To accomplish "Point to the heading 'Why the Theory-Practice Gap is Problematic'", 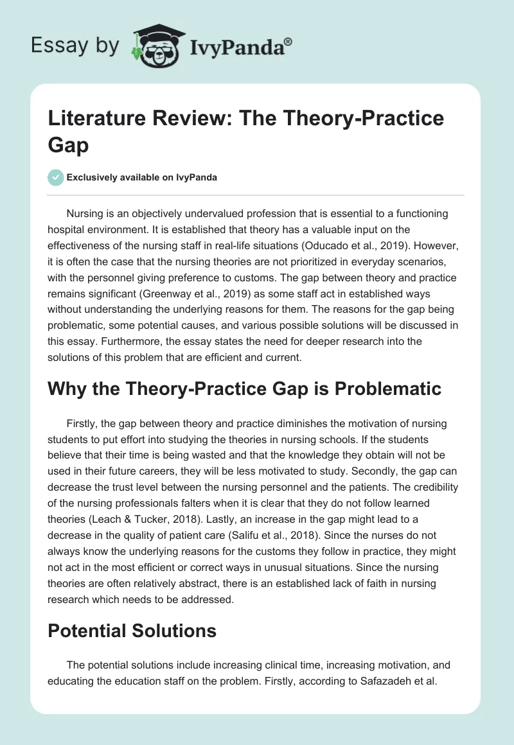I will coord(244,388).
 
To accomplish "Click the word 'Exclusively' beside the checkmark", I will coord(94,177).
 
